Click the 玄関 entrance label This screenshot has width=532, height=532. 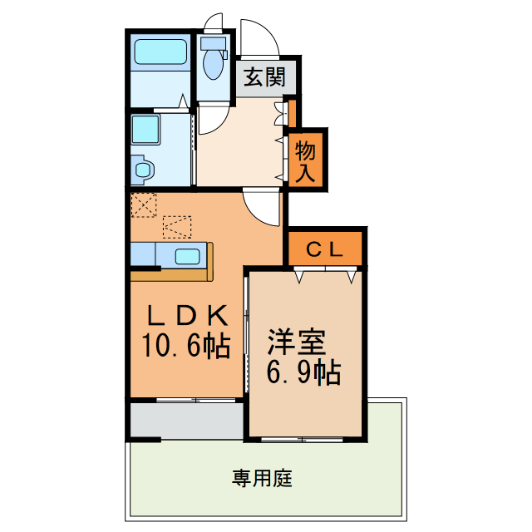264,78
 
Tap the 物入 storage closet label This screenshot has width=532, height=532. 306,161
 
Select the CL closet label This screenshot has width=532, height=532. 325,249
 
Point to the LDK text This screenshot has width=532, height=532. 187,315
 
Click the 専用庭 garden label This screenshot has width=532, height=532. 262,479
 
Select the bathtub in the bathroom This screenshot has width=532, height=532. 161,54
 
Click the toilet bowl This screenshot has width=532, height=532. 212,62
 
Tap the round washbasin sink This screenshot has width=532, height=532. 143,170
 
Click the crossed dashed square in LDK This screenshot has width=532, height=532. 144,204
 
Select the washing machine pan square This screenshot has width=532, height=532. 145,131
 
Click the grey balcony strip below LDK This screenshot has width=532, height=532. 185,421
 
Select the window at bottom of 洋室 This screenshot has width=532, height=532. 303,438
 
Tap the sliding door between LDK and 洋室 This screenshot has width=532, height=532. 246,332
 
